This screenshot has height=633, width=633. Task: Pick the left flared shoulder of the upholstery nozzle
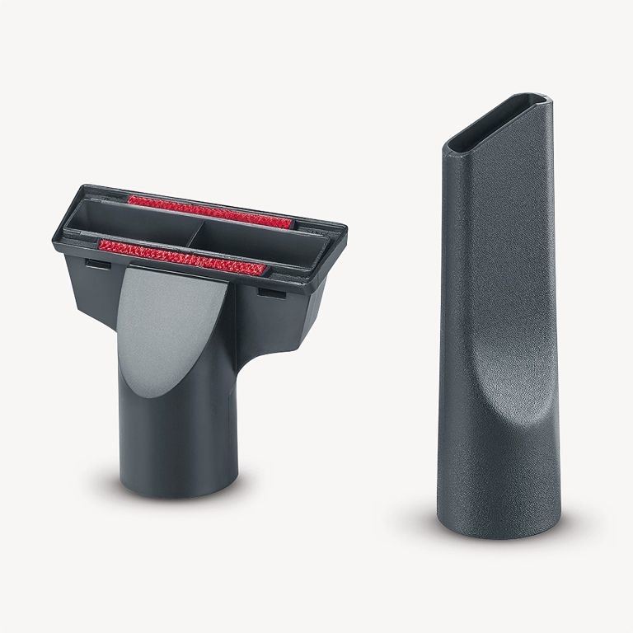pos(95,297)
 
